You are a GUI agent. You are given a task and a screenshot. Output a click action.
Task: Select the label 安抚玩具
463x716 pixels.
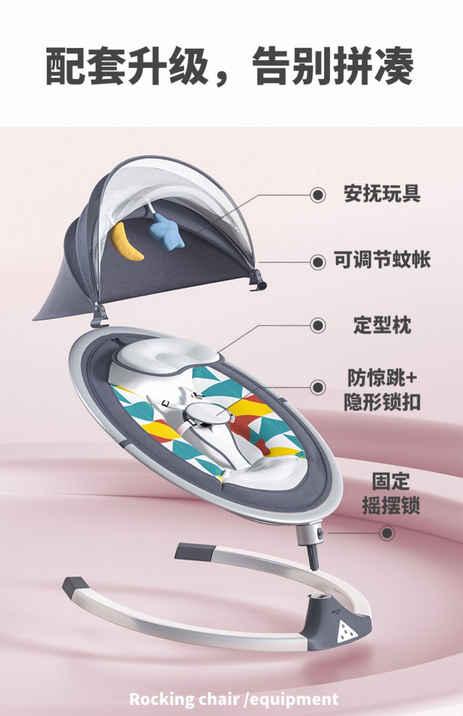[382, 194]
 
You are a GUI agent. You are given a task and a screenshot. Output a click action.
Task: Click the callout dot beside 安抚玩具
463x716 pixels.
[318, 195]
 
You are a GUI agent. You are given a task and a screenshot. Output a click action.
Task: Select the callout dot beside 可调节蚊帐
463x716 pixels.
[318, 262]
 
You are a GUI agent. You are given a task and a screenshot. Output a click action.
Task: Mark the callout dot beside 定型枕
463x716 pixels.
[318, 325]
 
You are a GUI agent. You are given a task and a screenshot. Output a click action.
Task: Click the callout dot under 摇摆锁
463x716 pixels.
[387, 533]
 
